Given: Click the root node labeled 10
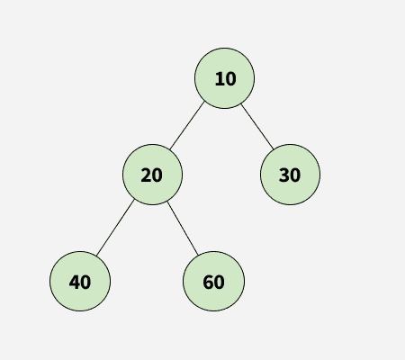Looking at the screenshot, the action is [224, 78].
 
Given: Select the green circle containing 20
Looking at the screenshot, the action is [152, 175].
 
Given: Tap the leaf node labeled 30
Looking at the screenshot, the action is [290, 175].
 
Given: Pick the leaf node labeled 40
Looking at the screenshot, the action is [80, 282].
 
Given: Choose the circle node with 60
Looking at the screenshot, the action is [213, 282].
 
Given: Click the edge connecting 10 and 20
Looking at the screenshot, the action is [187, 126].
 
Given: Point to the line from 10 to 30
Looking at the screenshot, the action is [257, 127].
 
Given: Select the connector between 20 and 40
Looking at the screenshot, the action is [115, 228].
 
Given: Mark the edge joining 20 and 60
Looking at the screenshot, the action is [183, 229].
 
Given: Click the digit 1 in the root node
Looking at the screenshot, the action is [220, 79].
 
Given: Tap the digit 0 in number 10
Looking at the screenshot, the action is [230, 79].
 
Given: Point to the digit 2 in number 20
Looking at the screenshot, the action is [146, 175].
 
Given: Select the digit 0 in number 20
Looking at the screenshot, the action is [157, 175].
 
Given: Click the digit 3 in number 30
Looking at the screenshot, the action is [283, 175].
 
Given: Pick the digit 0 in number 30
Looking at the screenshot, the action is [295, 175].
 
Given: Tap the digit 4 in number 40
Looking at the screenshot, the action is [75, 283].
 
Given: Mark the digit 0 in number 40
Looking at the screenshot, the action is [85, 283].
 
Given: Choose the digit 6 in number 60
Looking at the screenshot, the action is [208, 283].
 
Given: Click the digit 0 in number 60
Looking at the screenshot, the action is [219, 283].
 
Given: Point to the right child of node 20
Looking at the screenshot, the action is [213, 282].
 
